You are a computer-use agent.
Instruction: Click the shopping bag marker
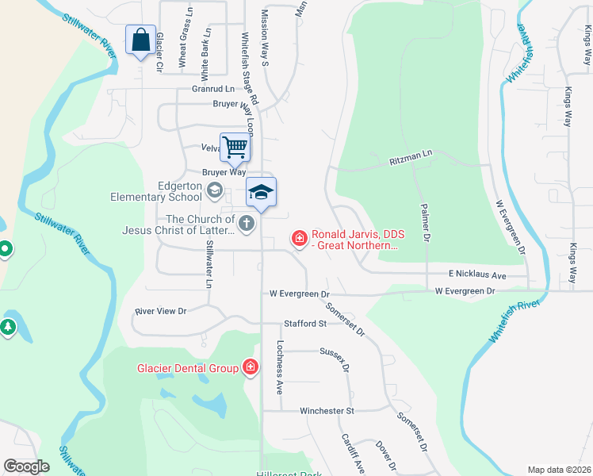(x=140, y=40)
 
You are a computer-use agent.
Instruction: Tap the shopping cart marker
(x=235, y=147)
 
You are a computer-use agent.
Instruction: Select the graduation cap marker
(x=262, y=193)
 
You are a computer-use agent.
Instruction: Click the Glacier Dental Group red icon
(x=251, y=367)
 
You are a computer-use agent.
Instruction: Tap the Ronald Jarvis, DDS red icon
(x=300, y=237)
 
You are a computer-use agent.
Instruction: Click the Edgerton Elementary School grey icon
(x=214, y=190)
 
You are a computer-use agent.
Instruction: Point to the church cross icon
(x=247, y=224)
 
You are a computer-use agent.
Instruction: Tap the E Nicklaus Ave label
(x=476, y=274)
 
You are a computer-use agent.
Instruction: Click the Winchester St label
(x=327, y=411)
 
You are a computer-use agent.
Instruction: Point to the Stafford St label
(x=305, y=324)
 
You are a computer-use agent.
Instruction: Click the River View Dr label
(x=160, y=312)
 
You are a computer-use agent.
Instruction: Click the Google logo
(x=26, y=466)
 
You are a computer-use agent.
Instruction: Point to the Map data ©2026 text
(x=559, y=470)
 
